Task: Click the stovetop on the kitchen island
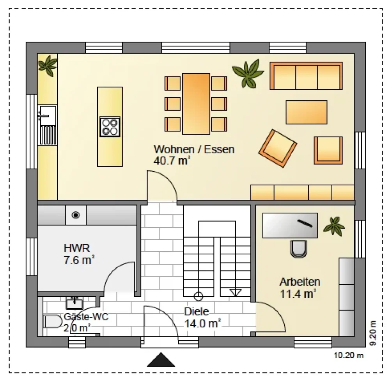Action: [x=110, y=127]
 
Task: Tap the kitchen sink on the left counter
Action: [x=47, y=115]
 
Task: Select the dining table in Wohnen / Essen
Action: [x=196, y=104]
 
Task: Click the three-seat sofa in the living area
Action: [x=306, y=76]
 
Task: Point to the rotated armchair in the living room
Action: [x=278, y=148]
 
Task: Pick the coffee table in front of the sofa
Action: [x=307, y=112]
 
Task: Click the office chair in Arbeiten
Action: [x=298, y=249]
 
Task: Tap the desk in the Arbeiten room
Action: [x=290, y=225]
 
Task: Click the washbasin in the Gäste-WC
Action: [x=74, y=303]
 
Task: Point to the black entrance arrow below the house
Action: [x=161, y=360]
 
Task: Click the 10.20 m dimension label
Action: [x=349, y=355]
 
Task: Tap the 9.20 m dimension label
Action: [x=372, y=333]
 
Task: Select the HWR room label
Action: [x=76, y=248]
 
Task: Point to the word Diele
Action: [x=197, y=312]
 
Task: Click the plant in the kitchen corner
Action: [x=48, y=66]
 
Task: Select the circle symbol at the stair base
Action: [x=198, y=297]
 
